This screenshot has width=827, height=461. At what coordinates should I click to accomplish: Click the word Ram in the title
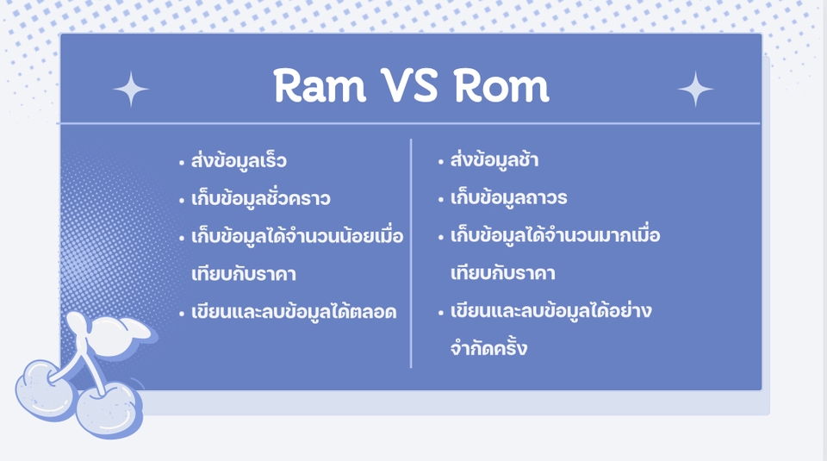(x=320, y=85)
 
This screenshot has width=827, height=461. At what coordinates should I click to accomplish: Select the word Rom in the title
(x=501, y=85)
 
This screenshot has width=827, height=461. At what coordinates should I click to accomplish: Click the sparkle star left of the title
(x=131, y=89)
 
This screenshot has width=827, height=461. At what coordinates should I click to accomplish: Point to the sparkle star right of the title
(x=695, y=89)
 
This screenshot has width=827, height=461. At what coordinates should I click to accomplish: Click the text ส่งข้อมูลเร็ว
(x=239, y=159)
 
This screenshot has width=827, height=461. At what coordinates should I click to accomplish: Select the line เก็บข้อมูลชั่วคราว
(x=260, y=198)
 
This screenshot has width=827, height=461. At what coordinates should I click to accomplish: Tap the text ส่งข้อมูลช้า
(x=494, y=159)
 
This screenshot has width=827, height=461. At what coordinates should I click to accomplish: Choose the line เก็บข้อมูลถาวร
(x=508, y=197)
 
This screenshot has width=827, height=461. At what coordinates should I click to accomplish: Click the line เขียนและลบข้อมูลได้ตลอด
(x=294, y=312)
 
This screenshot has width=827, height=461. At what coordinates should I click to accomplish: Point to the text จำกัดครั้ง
(x=488, y=347)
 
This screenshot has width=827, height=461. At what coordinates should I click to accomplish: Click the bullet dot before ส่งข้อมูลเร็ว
(x=182, y=163)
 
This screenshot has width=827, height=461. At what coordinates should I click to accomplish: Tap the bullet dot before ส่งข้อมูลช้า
(x=441, y=162)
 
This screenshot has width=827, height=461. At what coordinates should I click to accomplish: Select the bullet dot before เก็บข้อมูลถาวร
(x=441, y=200)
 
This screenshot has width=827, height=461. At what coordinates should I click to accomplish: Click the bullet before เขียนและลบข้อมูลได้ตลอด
(x=182, y=315)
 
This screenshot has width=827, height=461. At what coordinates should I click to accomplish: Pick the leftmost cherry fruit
(x=45, y=390)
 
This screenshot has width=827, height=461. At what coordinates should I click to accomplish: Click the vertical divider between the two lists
(x=411, y=253)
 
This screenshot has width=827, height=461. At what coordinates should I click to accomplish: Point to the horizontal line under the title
(x=408, y=123)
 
